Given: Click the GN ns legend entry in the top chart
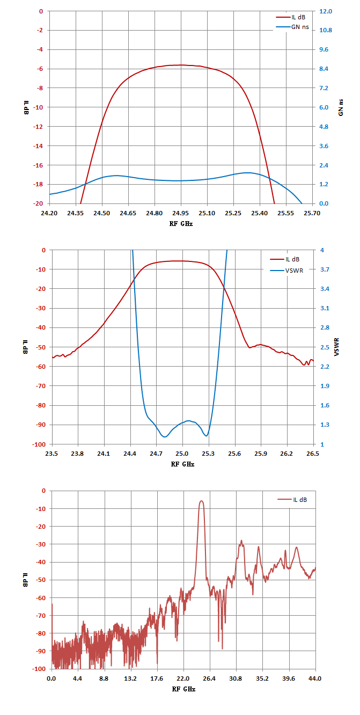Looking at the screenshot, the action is coord(292,27).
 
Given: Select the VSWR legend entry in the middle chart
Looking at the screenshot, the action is coord(286,271).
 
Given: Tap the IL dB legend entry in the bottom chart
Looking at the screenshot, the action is coord(292,500).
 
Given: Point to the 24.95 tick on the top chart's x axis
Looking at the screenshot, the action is coord(181,213).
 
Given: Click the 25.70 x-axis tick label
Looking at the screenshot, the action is coord(312,213).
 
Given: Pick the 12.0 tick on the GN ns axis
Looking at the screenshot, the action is coord(326,11).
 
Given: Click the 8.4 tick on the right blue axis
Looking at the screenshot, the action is coord(324,69).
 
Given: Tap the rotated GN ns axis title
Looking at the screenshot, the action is coord(341,107).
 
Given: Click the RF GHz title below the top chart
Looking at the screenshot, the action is coord(181,224).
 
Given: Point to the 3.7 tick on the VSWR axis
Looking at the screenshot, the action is coord(325,269).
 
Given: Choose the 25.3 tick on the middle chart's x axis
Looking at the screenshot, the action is coord(208,454).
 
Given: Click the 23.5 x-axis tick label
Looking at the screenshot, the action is coord(52,454).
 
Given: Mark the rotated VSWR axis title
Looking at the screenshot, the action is coord(336,347).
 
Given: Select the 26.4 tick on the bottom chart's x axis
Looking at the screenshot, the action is coord(209,678).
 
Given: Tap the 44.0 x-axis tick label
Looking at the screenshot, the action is coord(315,678).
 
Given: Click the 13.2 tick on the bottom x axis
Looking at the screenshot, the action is coord(130,678).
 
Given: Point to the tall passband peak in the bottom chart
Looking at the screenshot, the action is coord(201,501).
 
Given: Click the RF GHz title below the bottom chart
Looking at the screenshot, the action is coord(183,689).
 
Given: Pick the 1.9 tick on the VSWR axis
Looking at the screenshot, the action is coord(325,386).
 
